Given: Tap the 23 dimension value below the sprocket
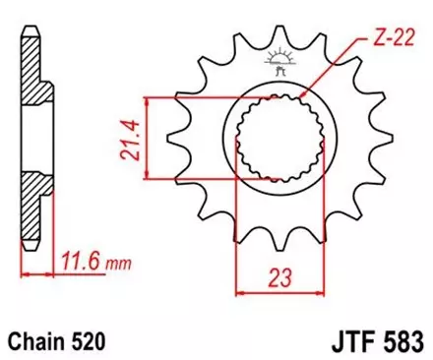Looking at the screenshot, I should [273, 279].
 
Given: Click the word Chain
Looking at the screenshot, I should [36, 339].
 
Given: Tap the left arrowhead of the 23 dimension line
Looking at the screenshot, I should [239, 292].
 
